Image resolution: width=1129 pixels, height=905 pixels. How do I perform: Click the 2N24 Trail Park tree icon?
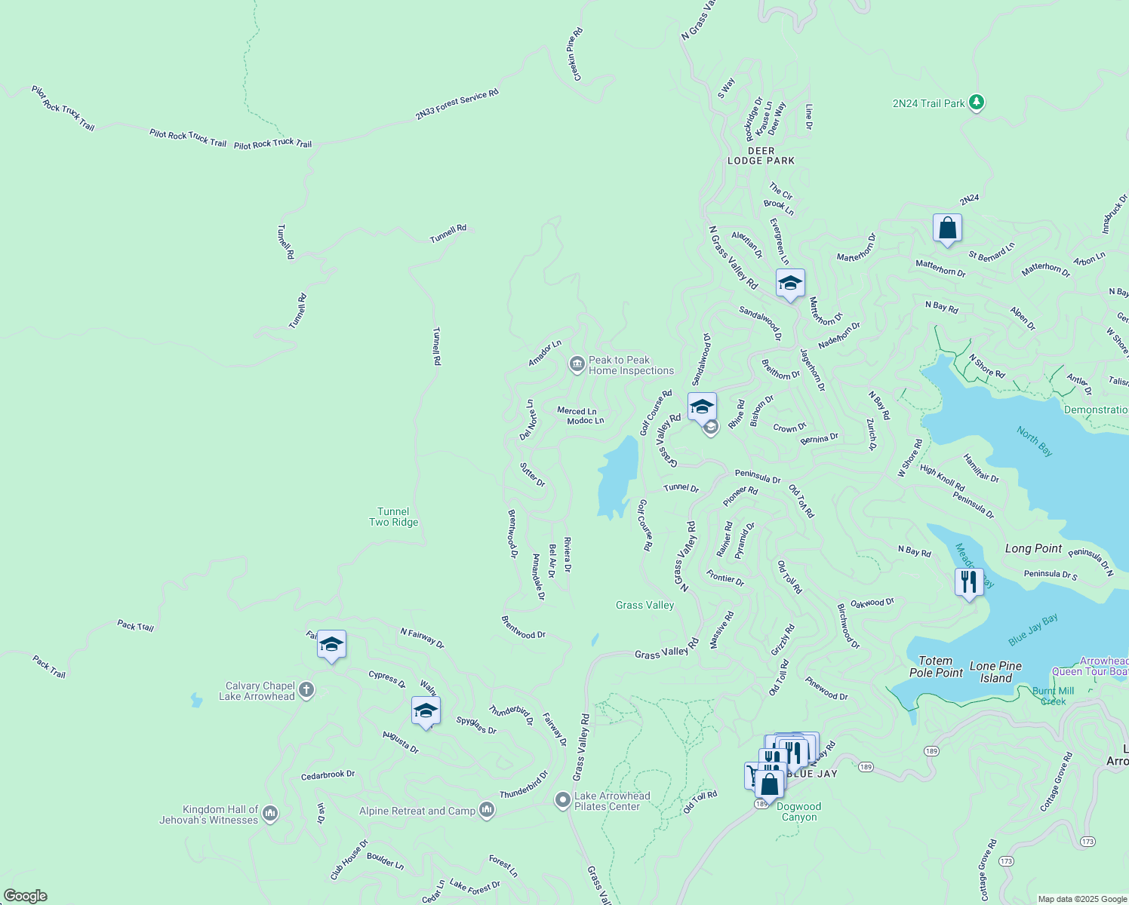coord(977,102)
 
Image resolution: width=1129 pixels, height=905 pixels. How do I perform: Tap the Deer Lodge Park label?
coord(761,155)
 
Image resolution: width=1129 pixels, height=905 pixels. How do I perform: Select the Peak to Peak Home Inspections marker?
coord(577,365)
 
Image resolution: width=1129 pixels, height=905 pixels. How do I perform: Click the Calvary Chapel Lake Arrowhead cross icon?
coord(306,689)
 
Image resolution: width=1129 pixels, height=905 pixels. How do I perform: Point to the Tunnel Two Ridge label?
coord(393,517)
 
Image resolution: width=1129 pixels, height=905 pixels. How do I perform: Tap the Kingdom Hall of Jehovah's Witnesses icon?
coord(270,814)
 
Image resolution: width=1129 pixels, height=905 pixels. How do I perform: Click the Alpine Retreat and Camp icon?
coord(487,811)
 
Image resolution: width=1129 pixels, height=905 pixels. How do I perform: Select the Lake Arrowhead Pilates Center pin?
coord(562,800)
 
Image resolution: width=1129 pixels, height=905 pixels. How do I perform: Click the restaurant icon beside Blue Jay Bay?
coord(968,581)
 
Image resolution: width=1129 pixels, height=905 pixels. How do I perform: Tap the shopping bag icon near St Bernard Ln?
coord(947,228)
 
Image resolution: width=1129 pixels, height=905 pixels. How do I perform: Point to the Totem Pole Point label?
coord(936,667)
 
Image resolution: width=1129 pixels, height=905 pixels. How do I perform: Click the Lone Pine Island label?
coord(995,672)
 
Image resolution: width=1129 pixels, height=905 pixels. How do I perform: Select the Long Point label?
coord(1033,548)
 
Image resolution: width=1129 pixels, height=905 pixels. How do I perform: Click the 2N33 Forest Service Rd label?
coord(457,105)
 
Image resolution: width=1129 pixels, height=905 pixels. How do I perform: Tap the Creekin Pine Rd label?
coord(575,54)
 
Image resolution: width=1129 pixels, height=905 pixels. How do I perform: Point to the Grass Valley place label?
coord(644,605)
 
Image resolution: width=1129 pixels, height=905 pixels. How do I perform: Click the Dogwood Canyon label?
coord(799,811)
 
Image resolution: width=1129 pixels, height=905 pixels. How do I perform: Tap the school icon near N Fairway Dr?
coord(331,644)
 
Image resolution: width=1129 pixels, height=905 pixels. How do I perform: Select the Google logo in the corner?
coord(26,896)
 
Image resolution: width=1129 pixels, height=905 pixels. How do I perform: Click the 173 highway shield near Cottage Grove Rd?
coord(1006,861)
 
